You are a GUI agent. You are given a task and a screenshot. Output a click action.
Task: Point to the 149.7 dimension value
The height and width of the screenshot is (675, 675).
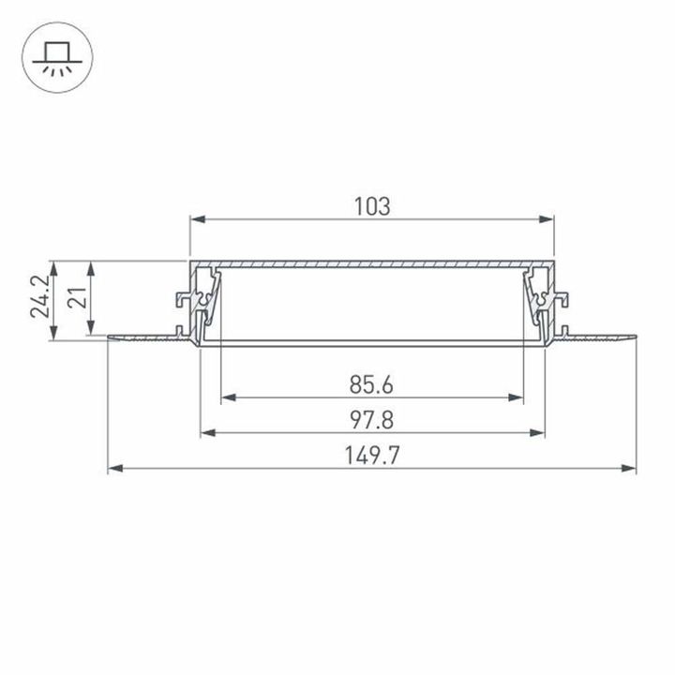tap(372, 456)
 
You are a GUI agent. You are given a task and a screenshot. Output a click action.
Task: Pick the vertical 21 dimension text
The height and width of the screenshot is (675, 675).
tap(77, 298)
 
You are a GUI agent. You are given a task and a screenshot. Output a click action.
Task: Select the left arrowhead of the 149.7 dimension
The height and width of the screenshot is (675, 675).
tap(113, 467)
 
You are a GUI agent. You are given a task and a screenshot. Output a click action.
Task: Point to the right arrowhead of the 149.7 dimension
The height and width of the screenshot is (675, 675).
tap(631, 467)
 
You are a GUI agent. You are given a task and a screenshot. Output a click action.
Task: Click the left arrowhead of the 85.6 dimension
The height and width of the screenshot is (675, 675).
tap(226, 397)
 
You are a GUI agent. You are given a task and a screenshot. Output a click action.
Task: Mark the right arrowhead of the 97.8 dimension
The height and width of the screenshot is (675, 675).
tap(539, 433)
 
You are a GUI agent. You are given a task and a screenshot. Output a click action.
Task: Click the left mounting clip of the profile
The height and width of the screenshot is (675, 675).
tap(186, 302)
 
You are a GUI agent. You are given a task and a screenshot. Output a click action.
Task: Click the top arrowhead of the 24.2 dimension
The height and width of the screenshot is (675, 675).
tap(54, 265)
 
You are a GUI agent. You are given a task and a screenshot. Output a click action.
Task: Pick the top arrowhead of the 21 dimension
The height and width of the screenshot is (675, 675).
tap(91, 265)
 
